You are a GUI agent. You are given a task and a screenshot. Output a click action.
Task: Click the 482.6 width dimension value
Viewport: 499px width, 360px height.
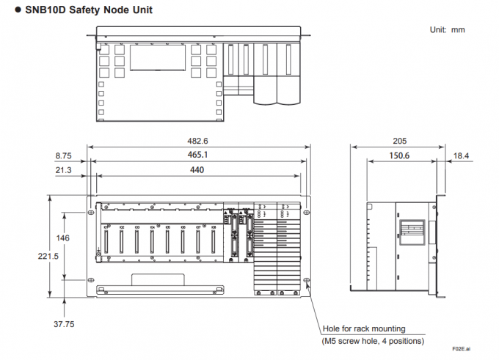click(x=198, y=141)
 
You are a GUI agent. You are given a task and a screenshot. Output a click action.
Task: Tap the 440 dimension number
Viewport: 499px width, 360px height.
click(x=198, y=170)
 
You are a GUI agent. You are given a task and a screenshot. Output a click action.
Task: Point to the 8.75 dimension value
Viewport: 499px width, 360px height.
click(x=62, y=155)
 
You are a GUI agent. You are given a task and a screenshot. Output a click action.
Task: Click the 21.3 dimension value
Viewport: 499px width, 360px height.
click(x=62, y=170)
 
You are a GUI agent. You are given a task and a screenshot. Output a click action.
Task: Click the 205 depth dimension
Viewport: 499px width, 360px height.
click(x=400, y=141)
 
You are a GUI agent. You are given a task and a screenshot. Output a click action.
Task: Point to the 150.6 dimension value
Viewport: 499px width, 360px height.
click(x=399, y=155)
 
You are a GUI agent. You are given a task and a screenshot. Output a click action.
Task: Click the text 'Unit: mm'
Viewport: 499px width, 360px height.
click(x=447, y=29)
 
